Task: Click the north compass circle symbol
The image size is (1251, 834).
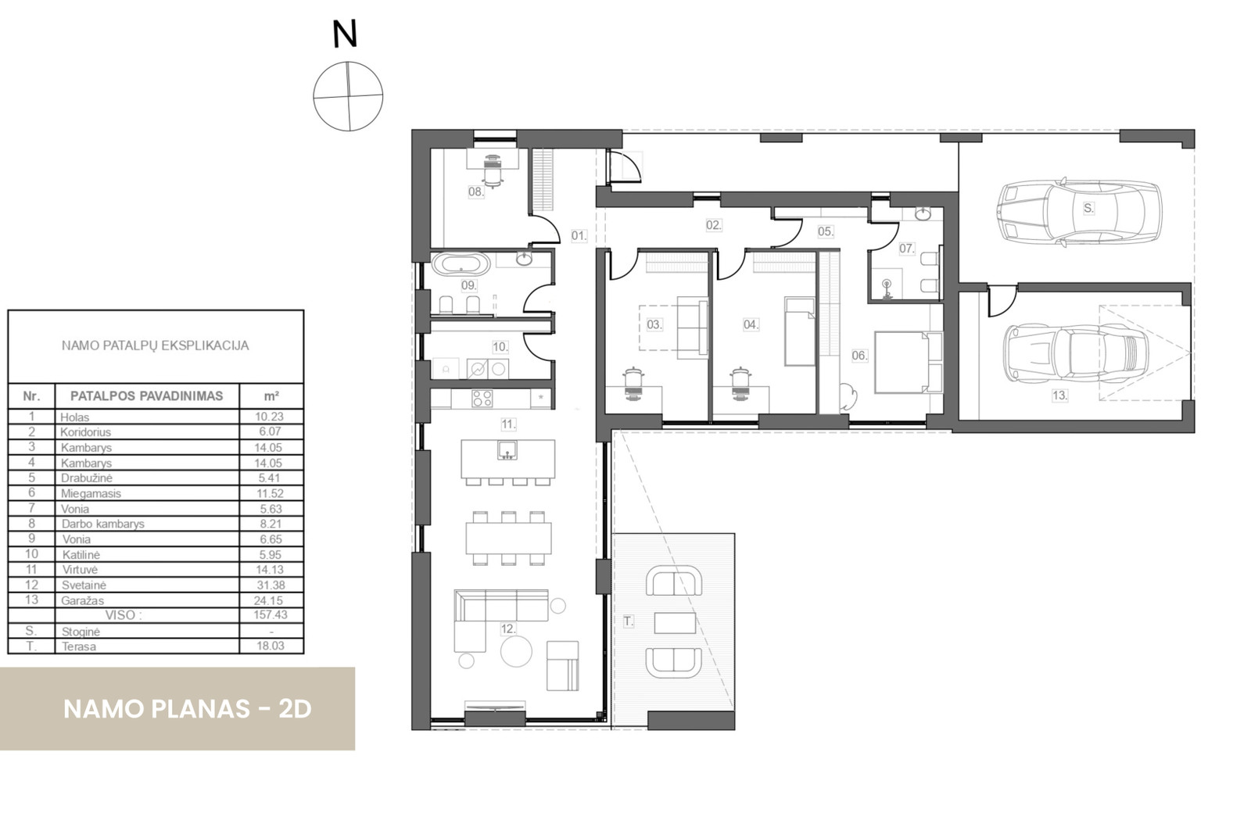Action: (x=348, y=96)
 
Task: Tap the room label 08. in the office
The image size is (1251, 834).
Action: (x=475, y=191)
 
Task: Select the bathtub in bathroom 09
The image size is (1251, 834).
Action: (x=461, y=263)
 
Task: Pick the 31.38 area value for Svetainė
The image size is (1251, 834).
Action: (x=270, y=585)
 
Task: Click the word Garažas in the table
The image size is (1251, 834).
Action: (x=83, y=600)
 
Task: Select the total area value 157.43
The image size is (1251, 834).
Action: (x=270, y=615)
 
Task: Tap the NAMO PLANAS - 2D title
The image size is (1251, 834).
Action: (x=188, y=709)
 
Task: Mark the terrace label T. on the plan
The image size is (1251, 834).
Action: (x=629, y=621)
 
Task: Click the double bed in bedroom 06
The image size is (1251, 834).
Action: (x=907, y=361)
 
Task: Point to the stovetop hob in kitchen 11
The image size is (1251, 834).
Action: (x=482, y=399)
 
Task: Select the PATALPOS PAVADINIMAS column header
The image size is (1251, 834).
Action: (x=146, y=396)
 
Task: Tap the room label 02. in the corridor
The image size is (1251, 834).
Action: (x=713, y=225)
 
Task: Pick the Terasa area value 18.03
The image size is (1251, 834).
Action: (x=270, y=646)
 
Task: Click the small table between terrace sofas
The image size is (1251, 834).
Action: (x=675, y=622)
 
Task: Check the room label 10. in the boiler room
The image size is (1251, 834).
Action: (x=500, y=346)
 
